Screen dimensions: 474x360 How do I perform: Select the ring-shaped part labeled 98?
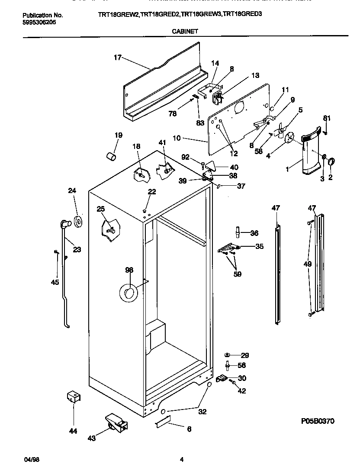click(x=129, y=293)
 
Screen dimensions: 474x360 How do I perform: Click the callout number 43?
click(x=91, y=438)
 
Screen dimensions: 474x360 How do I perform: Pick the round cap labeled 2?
click(x=331, y=162)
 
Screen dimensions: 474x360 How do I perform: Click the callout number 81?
click(x=326, y=118)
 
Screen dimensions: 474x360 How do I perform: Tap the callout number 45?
click(x=55, y=283)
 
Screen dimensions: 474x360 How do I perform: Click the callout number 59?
click(x=238, y=274)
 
